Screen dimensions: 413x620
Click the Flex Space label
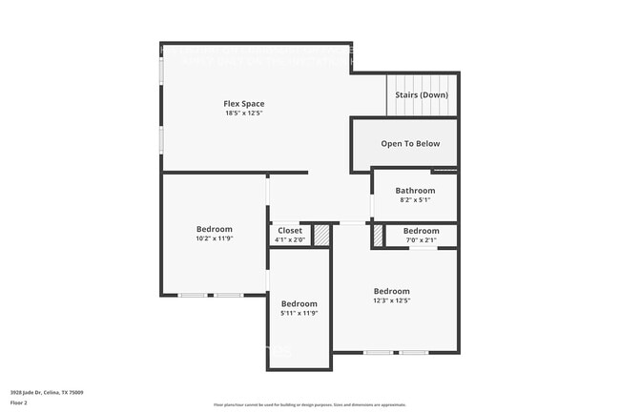click(244, 104)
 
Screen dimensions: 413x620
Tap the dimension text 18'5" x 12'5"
click(244, 114)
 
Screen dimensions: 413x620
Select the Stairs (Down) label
click(421, 95)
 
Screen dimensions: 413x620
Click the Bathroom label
click(415, 191)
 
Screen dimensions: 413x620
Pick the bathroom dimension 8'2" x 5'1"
click(415, 200)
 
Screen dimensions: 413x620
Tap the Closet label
click(290, 231)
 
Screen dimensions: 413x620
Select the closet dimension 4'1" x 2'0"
click(290, 240)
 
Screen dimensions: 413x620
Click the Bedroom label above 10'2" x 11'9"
click(215, 229)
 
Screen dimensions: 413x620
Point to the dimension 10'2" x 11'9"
click(215, 238)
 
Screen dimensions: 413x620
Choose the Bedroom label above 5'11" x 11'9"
click(299, 303)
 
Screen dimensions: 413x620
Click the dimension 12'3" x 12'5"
click(392, 300)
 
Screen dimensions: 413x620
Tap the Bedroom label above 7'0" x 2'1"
click(421, 231)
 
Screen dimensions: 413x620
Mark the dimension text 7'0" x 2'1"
click(421, 240)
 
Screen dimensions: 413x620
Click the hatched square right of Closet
click(322, 235)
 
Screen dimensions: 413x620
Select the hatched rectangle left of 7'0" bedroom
click(379, 235)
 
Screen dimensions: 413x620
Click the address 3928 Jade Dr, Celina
click(47, 392)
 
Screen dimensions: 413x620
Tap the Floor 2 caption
click(20, 403)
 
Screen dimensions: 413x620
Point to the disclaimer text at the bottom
click(310, 405)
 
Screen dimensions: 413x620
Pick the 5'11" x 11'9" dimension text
click(299, 313)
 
